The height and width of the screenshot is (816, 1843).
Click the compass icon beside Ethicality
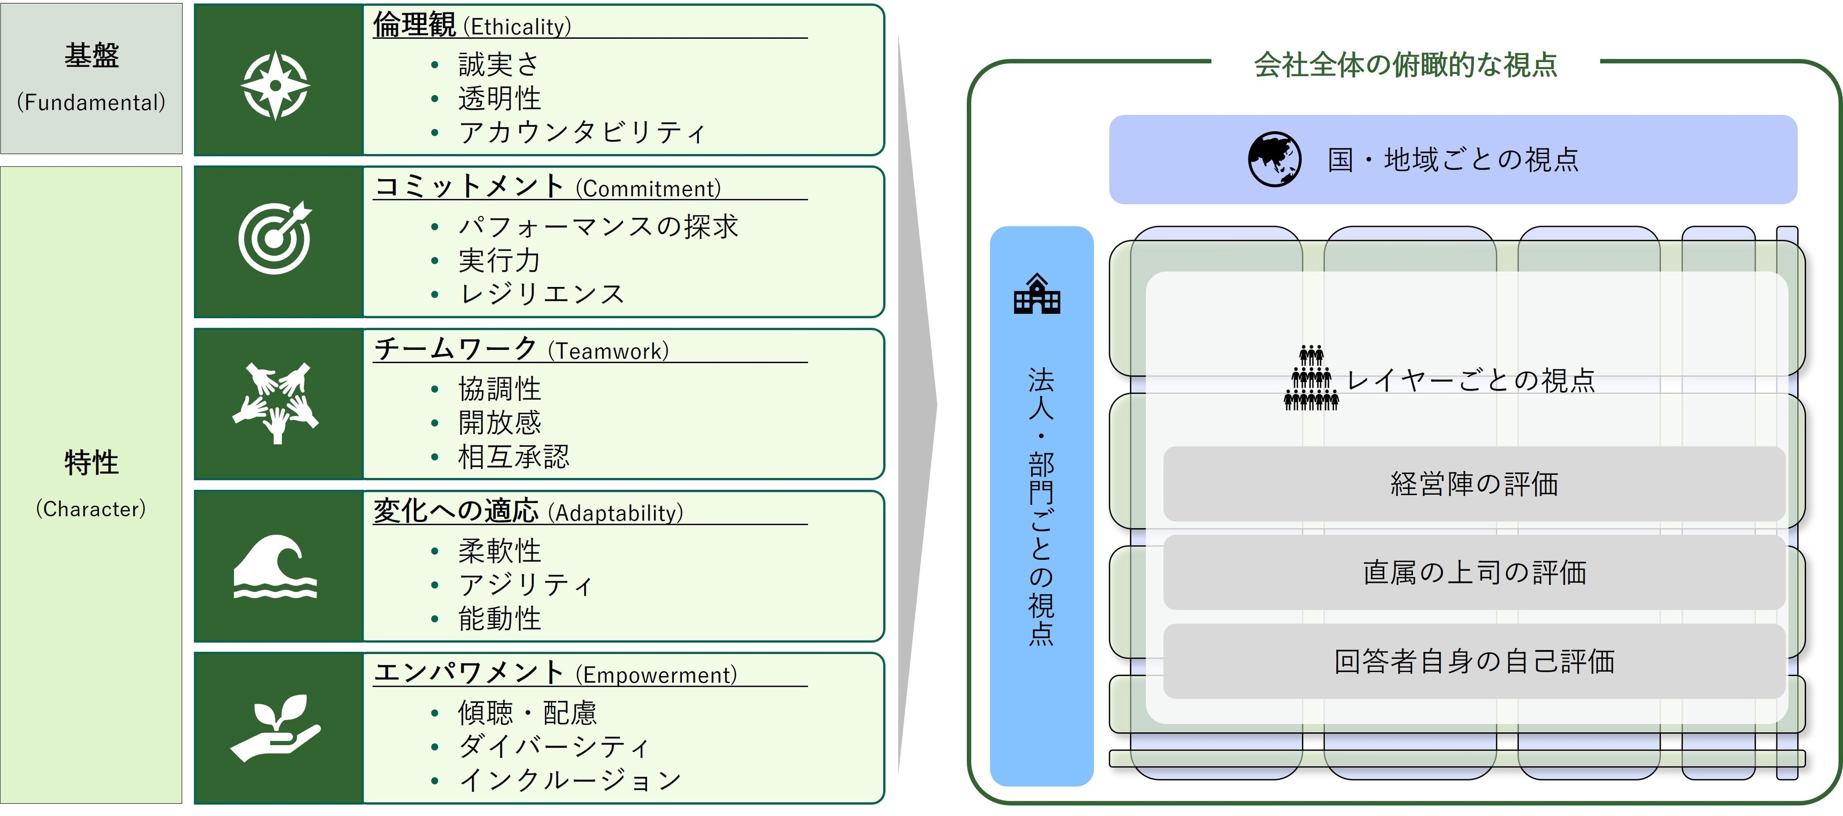point(276,85)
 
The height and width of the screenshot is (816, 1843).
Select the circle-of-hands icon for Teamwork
point(276,402)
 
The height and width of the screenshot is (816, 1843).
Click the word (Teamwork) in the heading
point(608,351)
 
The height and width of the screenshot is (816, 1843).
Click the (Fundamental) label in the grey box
point(91,103)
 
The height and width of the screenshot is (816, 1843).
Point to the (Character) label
point(91,509)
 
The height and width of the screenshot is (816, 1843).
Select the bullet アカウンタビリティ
point(582,132)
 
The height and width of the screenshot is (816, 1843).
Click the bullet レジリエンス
point(542,294)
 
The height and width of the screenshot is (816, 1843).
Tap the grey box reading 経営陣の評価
point(1474,484)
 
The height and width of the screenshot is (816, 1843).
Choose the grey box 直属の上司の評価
point(1474,573)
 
